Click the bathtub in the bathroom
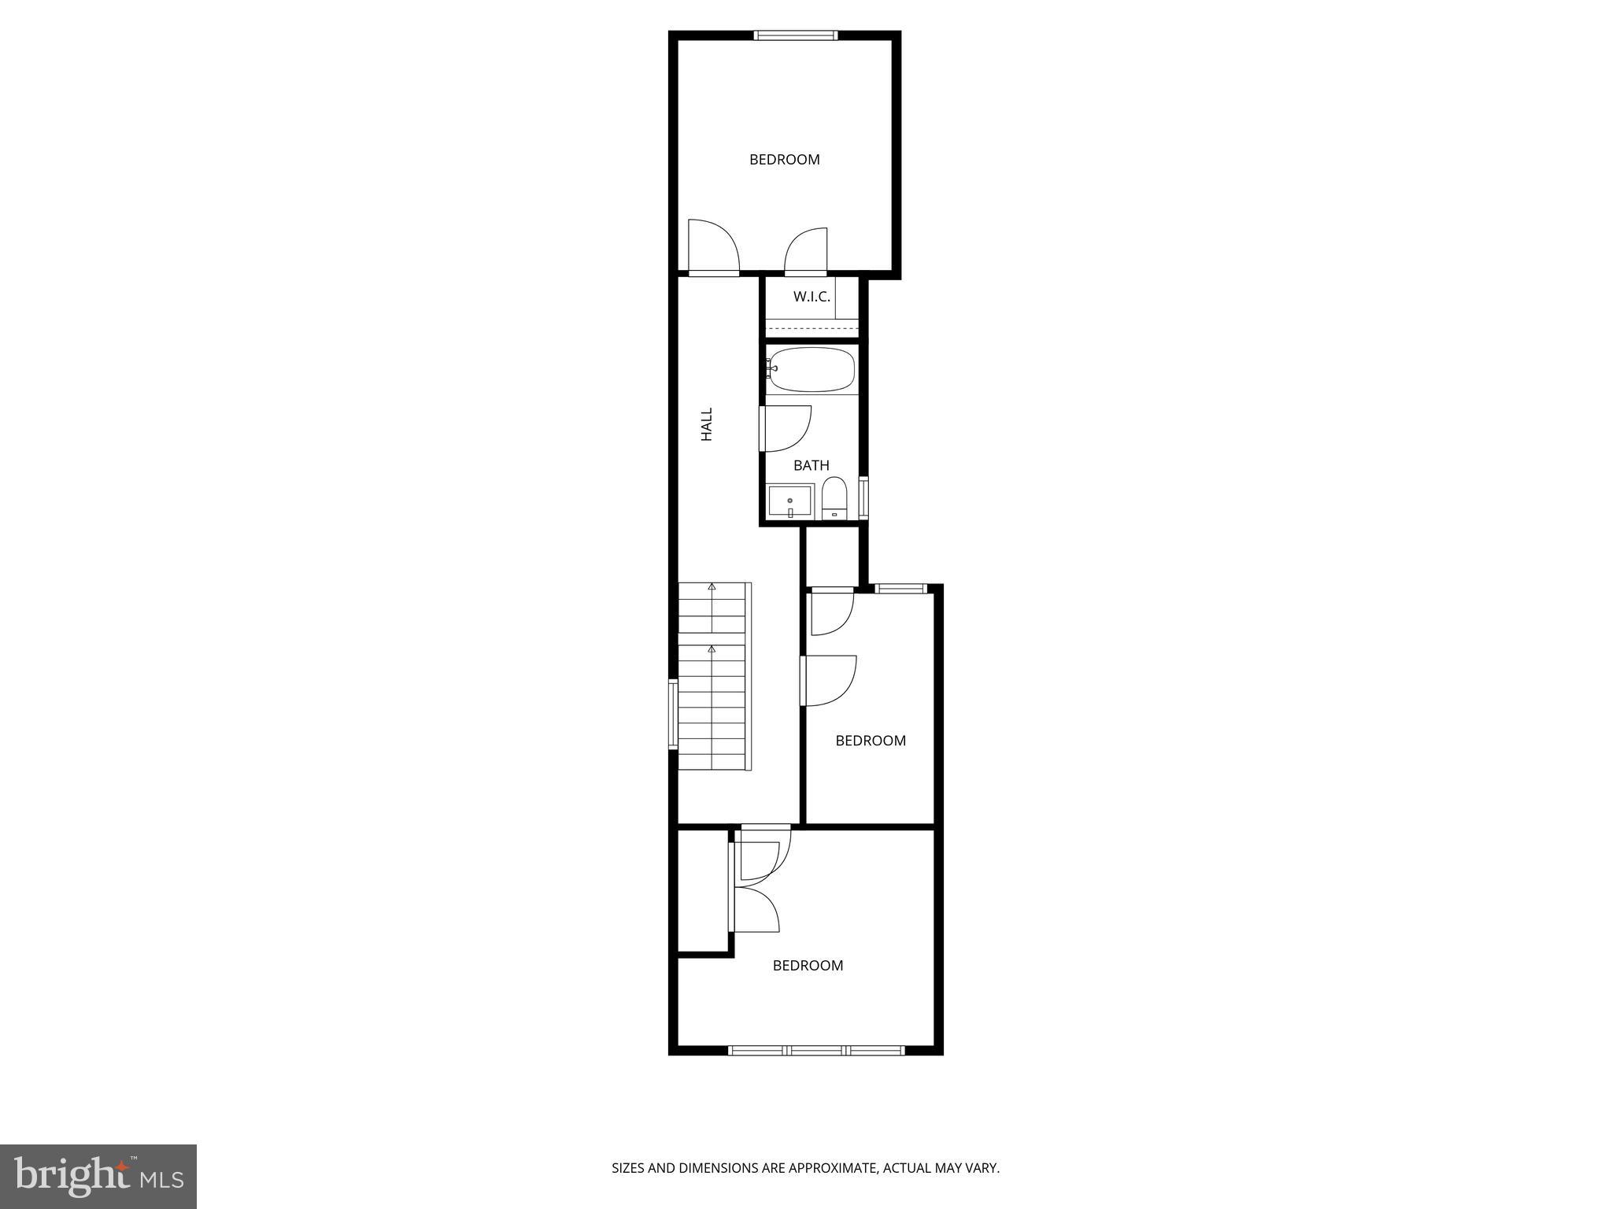coord(812,370)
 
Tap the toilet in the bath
coord(834,499)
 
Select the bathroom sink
coord(790,501)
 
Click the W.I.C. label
coord(812,297)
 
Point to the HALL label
coord(707,423)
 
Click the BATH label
coord(811,465)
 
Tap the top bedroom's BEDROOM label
coord(784,160)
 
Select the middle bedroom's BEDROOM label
coord(870,741)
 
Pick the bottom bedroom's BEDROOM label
coord(808,966)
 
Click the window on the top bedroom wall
coord(795,35)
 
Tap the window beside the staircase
coord(673,714)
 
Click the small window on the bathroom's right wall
coord(863,497)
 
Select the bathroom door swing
coord(786,428)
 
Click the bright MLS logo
coord(98,1177)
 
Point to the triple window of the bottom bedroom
coord(816,1049)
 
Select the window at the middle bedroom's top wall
coord(901,588)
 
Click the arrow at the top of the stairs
coord(712,586)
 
